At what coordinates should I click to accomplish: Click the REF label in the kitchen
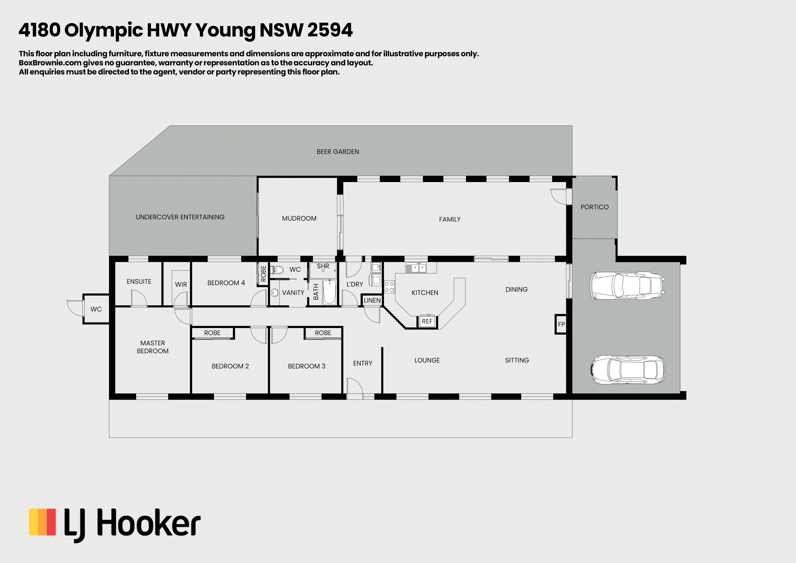(427, 321)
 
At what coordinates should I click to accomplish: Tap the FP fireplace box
(561, 324)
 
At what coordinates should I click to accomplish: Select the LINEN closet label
(372, 300)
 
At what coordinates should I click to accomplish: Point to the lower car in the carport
(627, 370)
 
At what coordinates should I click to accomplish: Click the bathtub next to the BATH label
(329, 292)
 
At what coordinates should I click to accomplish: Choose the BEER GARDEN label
(338, 152)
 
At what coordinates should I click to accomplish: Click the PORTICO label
(595, 207)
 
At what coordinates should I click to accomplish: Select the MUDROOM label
(299, 219)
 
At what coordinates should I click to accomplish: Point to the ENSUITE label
(139, 282)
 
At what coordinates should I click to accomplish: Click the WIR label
(181, 284)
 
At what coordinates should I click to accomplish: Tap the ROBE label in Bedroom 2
(212, 333)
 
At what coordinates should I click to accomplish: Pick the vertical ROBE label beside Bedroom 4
(263, 274)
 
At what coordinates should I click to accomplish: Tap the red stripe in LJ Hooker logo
(51, 522)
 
